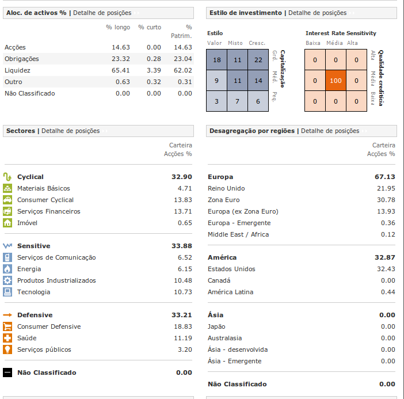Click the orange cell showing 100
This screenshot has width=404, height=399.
(336, 81)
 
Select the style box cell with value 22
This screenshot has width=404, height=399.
(258, 60)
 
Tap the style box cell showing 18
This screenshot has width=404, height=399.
(216, 60)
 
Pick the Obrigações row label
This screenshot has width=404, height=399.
(21, 59)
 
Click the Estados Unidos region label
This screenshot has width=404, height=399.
(231, 269)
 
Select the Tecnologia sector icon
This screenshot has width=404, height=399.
(7, 292)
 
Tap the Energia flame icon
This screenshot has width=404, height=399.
(7, 269)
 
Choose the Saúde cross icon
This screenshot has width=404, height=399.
(7, 338)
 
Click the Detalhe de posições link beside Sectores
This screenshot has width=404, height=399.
(70, 131)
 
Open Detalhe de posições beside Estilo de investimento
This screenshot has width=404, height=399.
(317, 13)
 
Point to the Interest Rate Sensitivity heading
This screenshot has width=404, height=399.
(341, 33)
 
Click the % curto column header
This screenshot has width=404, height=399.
(150, 27)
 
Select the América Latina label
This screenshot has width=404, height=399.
(231, 292)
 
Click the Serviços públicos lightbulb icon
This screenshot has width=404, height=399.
(7, 349)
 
